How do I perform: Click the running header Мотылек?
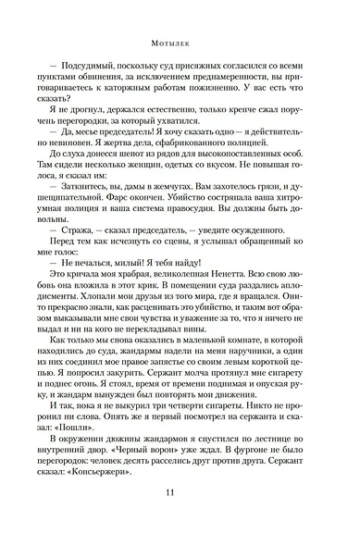point(179,41)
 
